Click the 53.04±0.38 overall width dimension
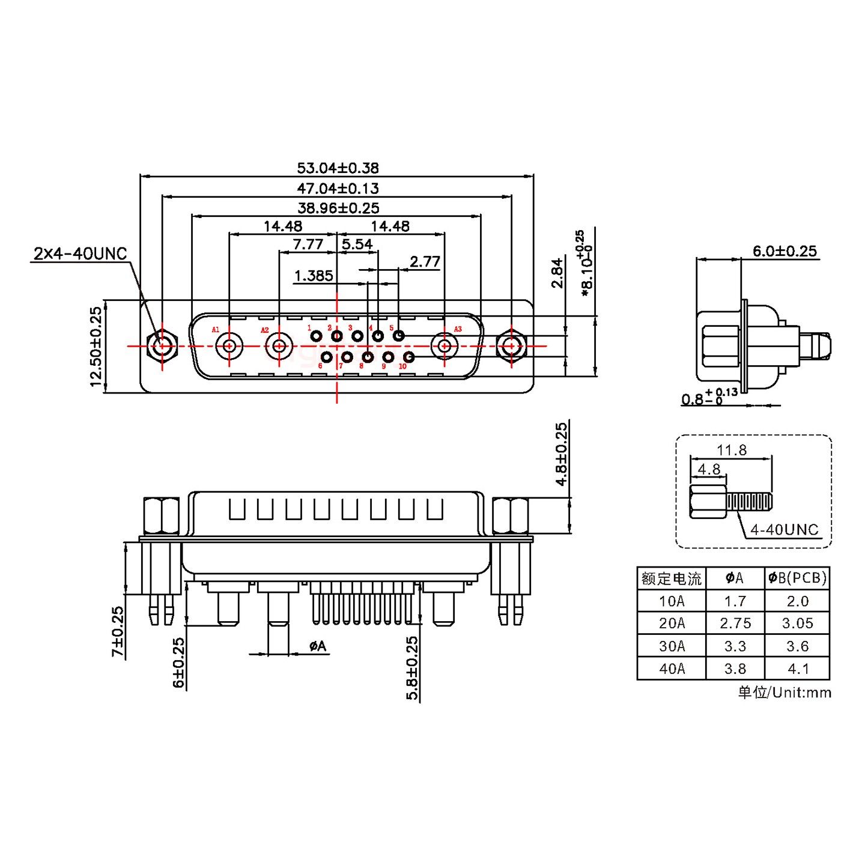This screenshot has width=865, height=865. (338, 168)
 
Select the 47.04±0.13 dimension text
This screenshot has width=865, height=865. (338, 189)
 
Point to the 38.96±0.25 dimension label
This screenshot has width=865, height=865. (338, 208)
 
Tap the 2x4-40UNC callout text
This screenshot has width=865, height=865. (80, 253)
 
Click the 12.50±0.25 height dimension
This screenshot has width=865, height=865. (96, 347)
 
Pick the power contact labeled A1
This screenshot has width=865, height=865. (229, 346)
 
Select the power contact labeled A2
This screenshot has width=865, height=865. (279, 346)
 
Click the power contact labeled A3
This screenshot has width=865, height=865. (445, 346)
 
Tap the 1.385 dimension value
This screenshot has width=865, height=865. (313, 276)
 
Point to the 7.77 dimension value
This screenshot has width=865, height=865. (308, 244)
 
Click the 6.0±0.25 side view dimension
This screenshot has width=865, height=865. (785, 252)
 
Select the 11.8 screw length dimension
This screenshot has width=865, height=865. (731, 450)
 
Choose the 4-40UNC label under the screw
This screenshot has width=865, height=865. (784, 530)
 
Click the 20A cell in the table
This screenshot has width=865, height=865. (671, 624)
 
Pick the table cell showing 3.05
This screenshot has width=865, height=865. (797, 624)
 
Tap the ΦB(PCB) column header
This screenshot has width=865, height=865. (797, 578)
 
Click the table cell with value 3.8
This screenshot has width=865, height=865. (735, 669)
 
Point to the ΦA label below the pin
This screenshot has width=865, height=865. (317, 646)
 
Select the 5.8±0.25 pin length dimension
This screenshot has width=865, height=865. (412, 669)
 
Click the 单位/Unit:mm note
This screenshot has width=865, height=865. (784, 693)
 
